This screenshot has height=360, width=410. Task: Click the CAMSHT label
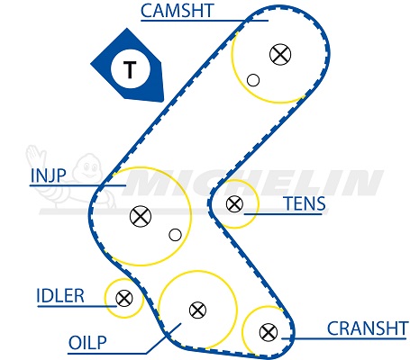point(177,11)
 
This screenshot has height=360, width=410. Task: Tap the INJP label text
point(48,175)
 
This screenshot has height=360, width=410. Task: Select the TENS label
point(305,203)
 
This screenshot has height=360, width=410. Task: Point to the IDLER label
point(60,296)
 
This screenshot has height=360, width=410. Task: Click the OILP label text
point(87,343)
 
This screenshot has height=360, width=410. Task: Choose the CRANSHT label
point(368,328)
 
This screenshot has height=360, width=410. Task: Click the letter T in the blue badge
point(130,69)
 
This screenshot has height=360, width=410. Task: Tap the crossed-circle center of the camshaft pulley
point(280,54)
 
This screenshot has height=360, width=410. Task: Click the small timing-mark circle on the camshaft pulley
point(253,80)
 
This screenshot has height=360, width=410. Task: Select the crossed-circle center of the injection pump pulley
point(141,216)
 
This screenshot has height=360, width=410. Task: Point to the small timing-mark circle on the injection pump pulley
point(175,235)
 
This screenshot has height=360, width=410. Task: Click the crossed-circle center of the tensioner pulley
point(234,204)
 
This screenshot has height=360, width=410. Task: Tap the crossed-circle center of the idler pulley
point(124,298)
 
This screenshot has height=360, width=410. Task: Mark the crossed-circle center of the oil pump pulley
point(197,310)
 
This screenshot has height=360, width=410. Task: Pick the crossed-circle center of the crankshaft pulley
point(269,332)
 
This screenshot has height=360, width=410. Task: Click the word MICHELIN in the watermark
point(252,183)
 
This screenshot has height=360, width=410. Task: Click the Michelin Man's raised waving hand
point(34,155)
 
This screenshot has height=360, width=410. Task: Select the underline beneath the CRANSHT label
point(345,338)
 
